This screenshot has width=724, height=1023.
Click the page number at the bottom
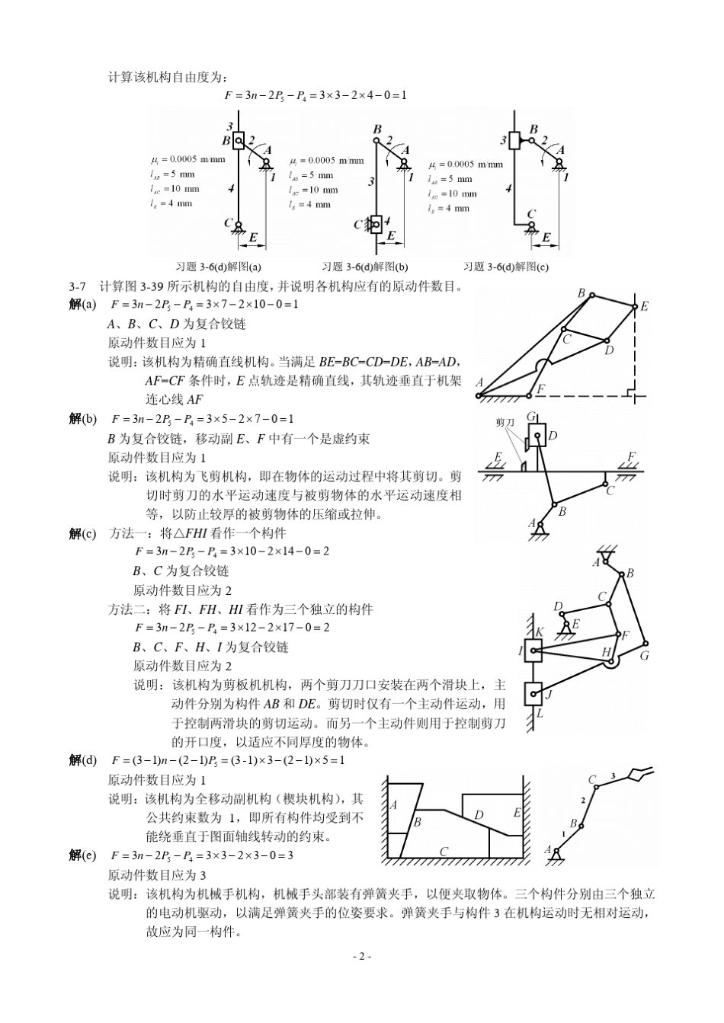tap(362, 956)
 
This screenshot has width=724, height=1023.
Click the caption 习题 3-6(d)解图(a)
tap(218, 267)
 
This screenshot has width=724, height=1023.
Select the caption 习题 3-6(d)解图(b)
tap(365, 267)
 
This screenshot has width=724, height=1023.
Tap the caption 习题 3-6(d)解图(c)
tap(506, 267)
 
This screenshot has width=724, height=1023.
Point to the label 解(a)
tap(83, 304)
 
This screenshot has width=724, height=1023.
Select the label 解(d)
tap(83, 759)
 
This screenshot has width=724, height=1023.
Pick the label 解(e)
tap(83, 855)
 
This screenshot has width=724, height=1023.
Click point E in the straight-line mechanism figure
tap(644, 306)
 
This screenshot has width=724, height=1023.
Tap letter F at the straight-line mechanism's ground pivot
tap(540, 388)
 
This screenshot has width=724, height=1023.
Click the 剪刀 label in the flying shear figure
tap(505, 421)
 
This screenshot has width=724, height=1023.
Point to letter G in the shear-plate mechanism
tap(644, 654)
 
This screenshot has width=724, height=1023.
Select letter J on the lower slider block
tap(549, 695)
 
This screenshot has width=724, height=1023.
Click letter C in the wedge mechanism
tap(444, 851)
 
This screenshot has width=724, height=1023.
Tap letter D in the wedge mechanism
tap(479, 815)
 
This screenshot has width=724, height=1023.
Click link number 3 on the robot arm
tap(612, 775)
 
